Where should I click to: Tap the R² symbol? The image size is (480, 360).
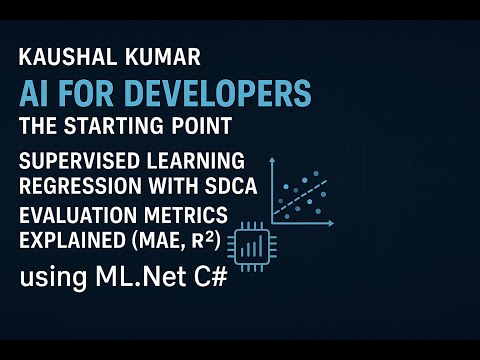pyautogui.click(x=199, y=239)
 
